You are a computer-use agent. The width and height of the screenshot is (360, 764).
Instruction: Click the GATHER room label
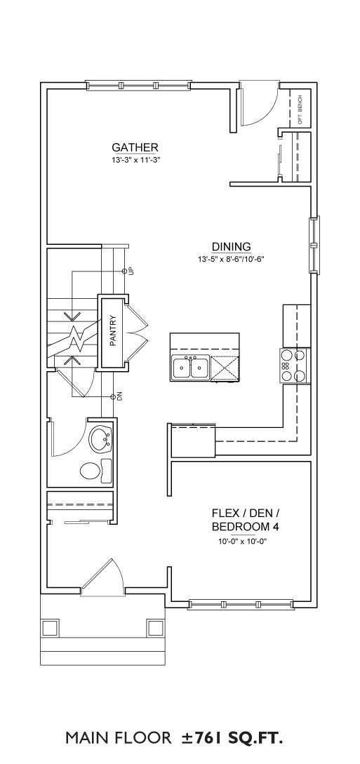[x=135, y=147]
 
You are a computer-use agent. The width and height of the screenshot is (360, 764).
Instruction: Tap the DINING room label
[x=231, y=246]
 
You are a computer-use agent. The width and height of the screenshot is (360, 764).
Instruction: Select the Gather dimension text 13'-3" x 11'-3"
[x=135, y=159]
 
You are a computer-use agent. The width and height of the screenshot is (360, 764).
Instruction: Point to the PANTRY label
[x=112, y=333]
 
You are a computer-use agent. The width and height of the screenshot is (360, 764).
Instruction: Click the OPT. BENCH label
[x=300, y=110]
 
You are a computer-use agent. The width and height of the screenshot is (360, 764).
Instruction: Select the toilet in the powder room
[x=95, y=471]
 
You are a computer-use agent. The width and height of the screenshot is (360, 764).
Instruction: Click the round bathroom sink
[x=101, y=438]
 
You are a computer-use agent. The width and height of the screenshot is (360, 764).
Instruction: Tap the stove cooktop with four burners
[x=295, y=365]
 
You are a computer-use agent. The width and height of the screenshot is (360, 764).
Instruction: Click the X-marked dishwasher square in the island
[x=225, y=368]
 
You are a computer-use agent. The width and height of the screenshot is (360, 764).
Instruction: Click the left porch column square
[x=51, y=628]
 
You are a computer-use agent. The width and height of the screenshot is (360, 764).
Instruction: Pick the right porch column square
[x=155, y=628]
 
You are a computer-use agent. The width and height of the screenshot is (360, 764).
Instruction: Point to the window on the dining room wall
[x=314, y=245]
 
